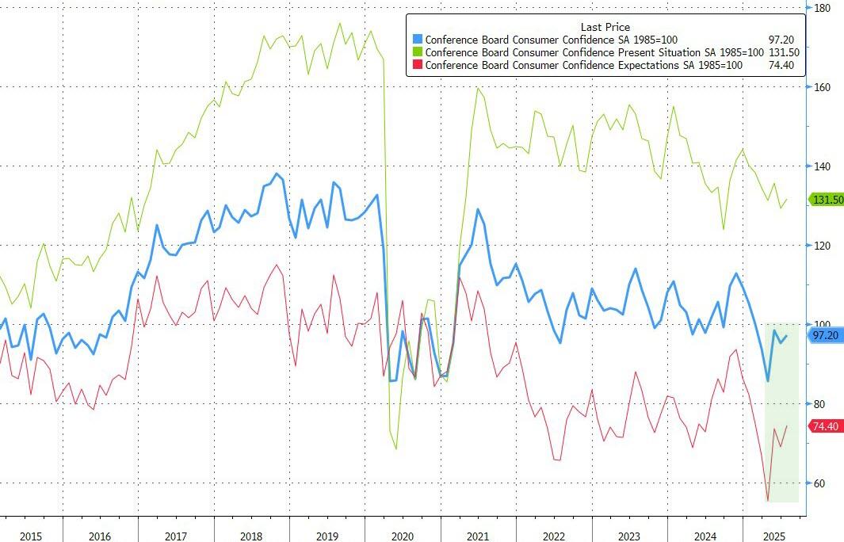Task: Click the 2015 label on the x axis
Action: coord(31,536)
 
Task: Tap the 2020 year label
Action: coord(403,536)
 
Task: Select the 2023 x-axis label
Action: coord(629,536)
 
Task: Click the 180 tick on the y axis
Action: coord(822,8)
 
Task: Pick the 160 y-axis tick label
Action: coord(822,87)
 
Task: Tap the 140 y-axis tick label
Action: coord(822,166)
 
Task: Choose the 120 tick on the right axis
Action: coord(822,246)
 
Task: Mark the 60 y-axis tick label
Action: coord(819,483)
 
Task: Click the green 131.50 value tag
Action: coord(825,200)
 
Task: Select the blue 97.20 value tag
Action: coord(825,336)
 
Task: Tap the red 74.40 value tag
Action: coord(825,426)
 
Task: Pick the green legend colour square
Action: coord(418,52)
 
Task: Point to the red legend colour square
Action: coord(418,65)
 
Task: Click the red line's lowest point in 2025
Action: coord(767,501)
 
